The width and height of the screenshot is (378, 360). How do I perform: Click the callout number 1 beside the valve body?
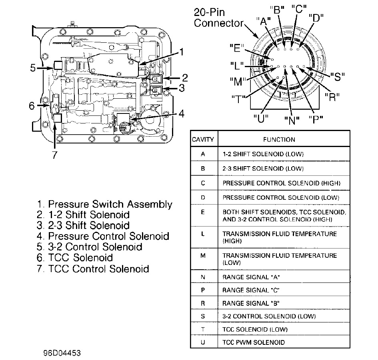pyautogui.click(x=181, y=52)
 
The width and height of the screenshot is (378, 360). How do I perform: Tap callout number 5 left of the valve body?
pyautogui.click(x=33, y=68)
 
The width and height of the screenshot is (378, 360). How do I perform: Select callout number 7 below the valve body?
pyautogui.click(x=54, y=155)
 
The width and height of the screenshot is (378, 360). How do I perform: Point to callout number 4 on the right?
pyautogui.click(x=181, y=114)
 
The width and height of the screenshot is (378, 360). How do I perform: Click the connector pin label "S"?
pyautogui.click(x=337, y=77)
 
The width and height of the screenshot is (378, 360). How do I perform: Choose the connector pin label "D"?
pyautogui.click(x=316, y=18)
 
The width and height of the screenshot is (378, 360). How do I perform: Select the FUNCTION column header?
pyautogui.click(x=279, y=139)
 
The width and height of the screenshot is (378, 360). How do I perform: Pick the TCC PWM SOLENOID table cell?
pyautogui.click(x=254, y=342)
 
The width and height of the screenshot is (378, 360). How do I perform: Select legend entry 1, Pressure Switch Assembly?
pyautogui.click(x=104, y=205)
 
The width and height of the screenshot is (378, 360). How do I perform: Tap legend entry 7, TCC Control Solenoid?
pyautogui.click(x=93, y=269)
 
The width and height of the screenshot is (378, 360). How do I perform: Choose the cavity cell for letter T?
pyautogui.click(x=203, y=329)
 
